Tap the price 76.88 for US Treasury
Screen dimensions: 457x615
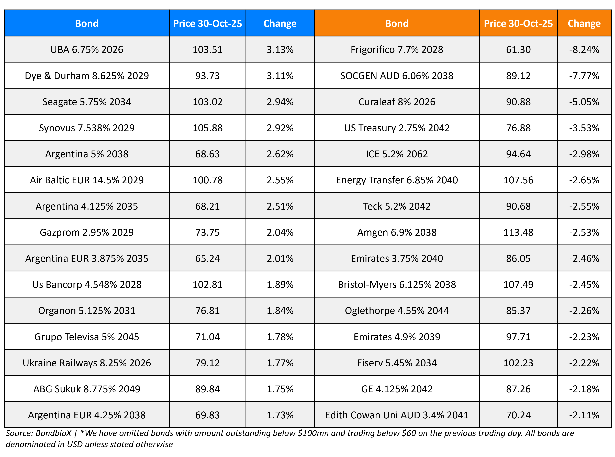coord(518,128)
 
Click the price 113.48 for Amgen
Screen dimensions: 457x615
coord(518,232)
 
